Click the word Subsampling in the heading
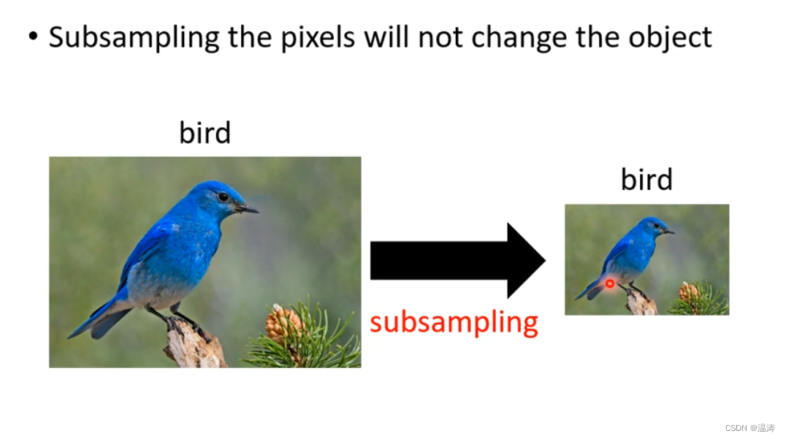click(x=134, y=37)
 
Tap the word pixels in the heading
click(x=318, y=37)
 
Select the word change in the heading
click(x=519, y=37)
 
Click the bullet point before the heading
click(x=33, y=36)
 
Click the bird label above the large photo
click(x=205, y=133)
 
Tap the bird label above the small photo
click(x=646, y=180)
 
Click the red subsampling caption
click(x=454, y=323)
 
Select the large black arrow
click(x=458, y=261)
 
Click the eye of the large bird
click(x=224, y=197)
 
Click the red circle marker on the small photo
click(x=609, y=283)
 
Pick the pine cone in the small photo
click(x=689, y=292)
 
